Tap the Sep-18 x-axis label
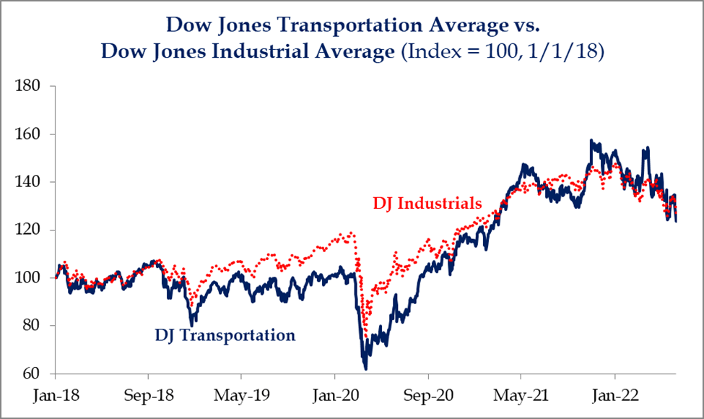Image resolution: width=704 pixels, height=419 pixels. [x=148, y=397]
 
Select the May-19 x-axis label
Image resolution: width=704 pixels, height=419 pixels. [x=241, y=397]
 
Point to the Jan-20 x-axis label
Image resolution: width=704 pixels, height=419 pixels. [x=334, y=397]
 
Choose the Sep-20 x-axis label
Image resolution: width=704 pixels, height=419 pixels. [x=428, y=397]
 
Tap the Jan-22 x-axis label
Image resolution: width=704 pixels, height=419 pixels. [x=614, y=397]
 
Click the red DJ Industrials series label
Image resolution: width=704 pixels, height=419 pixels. [x=427, y=204]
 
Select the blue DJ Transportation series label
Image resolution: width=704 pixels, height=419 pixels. [x=225, y=335]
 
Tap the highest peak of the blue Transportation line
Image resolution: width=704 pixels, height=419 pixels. [x=592, y=140]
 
